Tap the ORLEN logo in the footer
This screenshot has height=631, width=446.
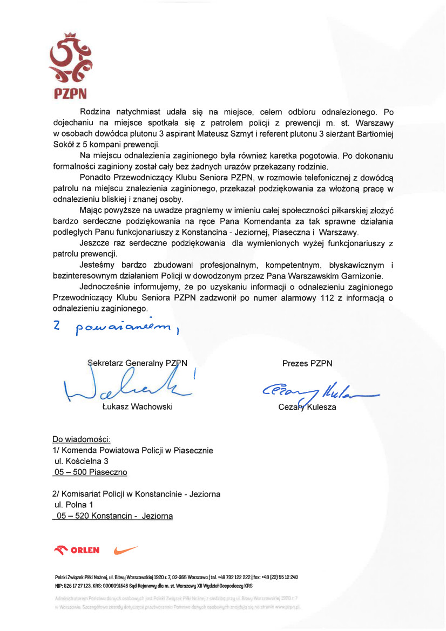click(77, 550)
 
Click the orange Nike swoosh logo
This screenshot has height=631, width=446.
click(126, 550)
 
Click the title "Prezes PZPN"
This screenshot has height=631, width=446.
click(307, 363)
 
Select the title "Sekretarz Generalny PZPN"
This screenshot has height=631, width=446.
click(137, 363)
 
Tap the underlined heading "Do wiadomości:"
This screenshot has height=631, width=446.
click(82, 439)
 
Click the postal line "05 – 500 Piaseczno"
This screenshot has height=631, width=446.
click(90, 472)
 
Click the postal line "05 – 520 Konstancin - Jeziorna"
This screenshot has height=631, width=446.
click(113, 516)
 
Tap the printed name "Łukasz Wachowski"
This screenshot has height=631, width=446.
click(137, 406)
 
